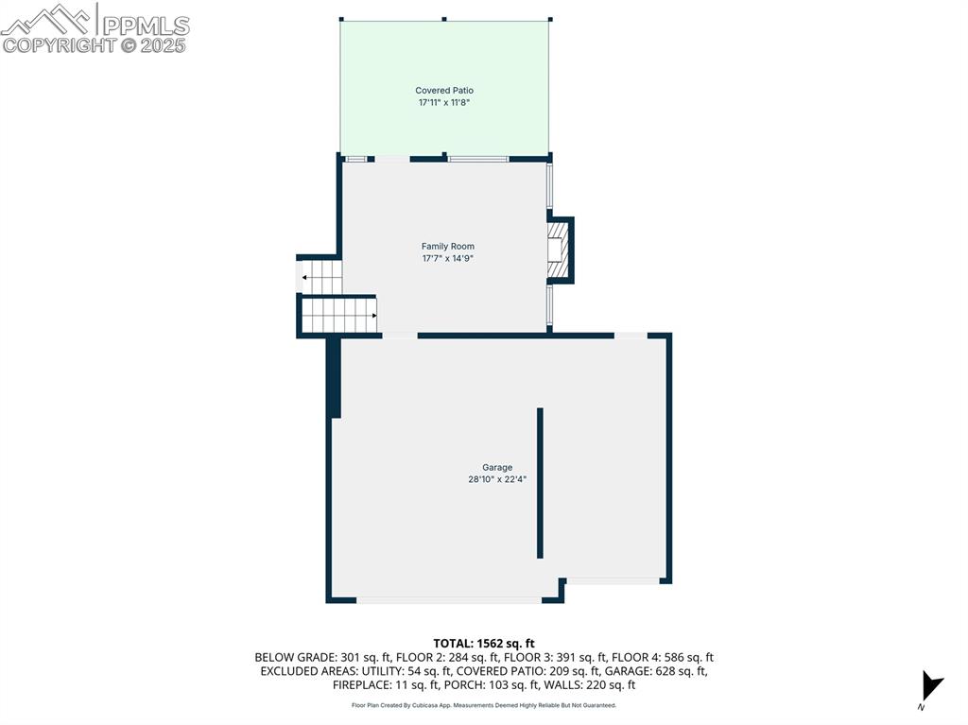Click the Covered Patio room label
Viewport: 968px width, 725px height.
[x=444, y=91]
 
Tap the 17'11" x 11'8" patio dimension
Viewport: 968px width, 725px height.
[x=444, y=102]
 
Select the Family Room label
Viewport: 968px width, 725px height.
[x=448, y=247]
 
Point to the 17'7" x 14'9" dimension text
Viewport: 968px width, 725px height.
[x=448, y=258]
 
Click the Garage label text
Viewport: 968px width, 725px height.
[x=497, y=468]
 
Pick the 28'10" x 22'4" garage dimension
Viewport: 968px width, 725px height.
[x=497, y=479]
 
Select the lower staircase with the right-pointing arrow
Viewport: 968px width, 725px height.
[x=338, y=315]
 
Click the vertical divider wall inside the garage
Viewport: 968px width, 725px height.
[x=540, y=482]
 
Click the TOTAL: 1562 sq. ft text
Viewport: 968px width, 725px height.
[x=484, y=644]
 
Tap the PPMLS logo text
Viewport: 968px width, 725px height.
[x=145, y=26]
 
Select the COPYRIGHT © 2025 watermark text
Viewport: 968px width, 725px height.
[x=95, y=45]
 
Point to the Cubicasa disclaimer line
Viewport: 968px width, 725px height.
[x=484, y=705]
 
